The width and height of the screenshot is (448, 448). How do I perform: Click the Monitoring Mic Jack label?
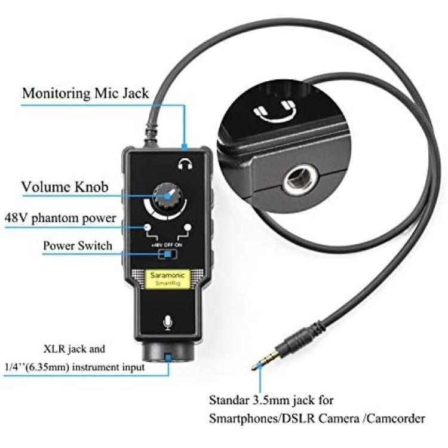(85, 93)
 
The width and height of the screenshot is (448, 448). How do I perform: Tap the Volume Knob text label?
(65, 187)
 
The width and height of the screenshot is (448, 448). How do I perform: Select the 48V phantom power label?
(60, 218)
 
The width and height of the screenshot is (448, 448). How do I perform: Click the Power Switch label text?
(78, 246)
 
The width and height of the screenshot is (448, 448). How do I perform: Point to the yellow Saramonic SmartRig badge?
(168, 279)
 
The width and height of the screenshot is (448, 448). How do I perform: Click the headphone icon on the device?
(185, 164)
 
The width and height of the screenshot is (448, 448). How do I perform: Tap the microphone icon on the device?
(168, 323)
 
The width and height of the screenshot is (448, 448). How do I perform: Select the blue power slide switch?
(167, 254)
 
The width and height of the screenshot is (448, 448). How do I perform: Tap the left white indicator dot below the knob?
(148, 228)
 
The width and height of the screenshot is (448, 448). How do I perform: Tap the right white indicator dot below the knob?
(188, 228)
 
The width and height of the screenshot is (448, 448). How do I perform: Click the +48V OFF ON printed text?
(167, 245)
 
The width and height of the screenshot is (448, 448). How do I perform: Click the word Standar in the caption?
(229, 400)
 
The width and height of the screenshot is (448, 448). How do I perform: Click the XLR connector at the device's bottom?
(168, 351)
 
